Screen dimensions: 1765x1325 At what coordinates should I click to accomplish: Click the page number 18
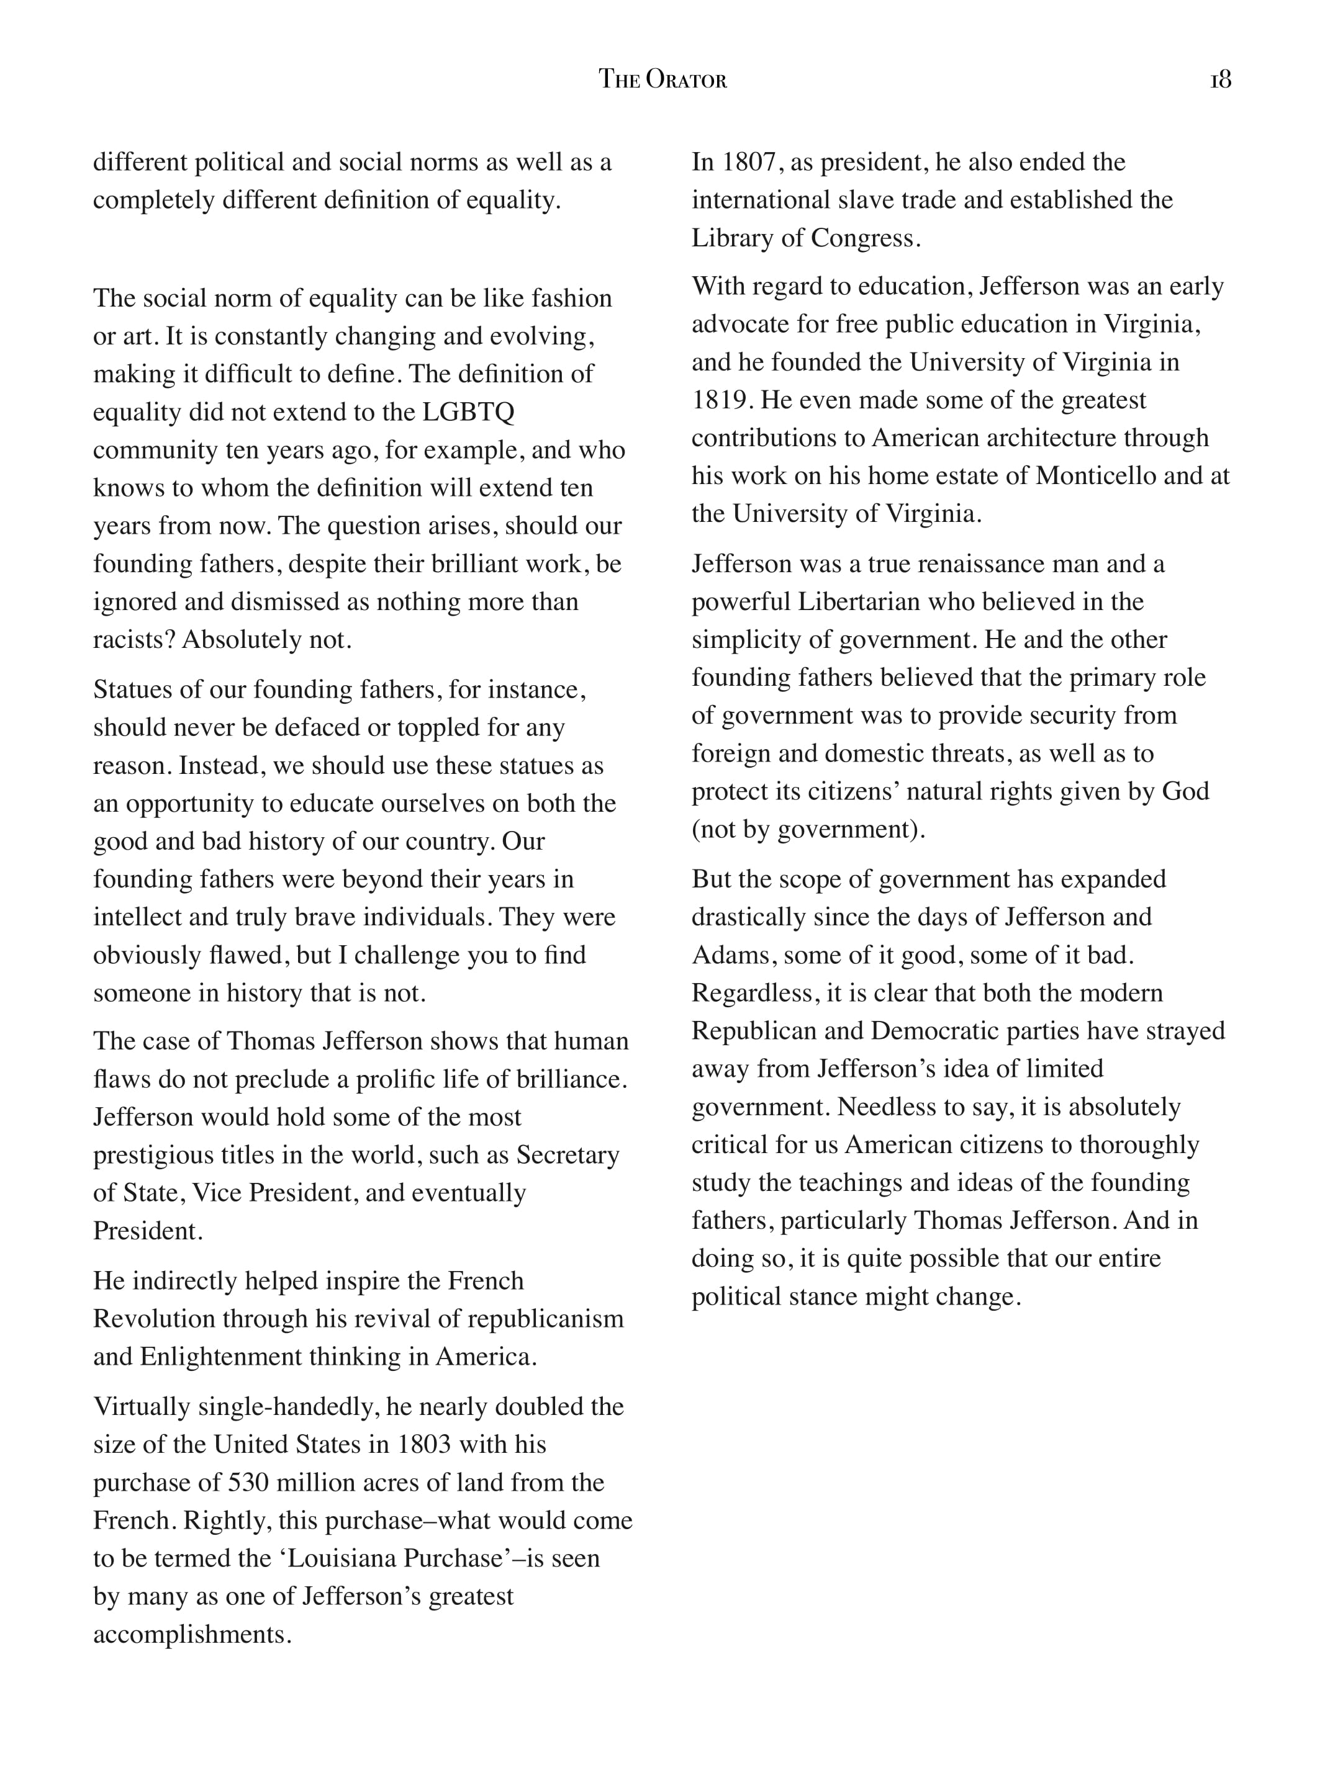pos(1221,80)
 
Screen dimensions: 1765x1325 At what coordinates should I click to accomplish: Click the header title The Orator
pos(662,80)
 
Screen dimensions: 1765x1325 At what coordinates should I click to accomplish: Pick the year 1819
pos(721,400)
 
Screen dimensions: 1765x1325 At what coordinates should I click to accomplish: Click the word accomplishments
pos(192,1635)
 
